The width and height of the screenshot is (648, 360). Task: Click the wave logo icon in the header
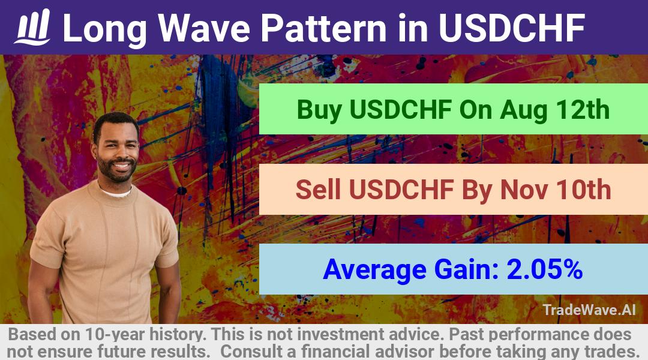(32, 27)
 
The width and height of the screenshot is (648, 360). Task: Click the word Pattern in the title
(323, 28)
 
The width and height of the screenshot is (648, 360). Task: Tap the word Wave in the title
(204, 28)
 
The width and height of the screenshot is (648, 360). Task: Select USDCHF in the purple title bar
(512, 28)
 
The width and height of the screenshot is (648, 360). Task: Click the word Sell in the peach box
(318, 190)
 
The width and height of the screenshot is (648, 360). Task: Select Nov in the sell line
(524, 190)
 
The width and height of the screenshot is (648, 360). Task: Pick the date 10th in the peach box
(584, 190)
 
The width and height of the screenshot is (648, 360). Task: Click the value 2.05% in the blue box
(545, 269)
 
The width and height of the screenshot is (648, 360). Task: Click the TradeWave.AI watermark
(589, 310)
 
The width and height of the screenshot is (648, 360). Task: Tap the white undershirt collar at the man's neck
(116, 193)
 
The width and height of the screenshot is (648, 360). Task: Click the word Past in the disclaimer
(464, 334)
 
